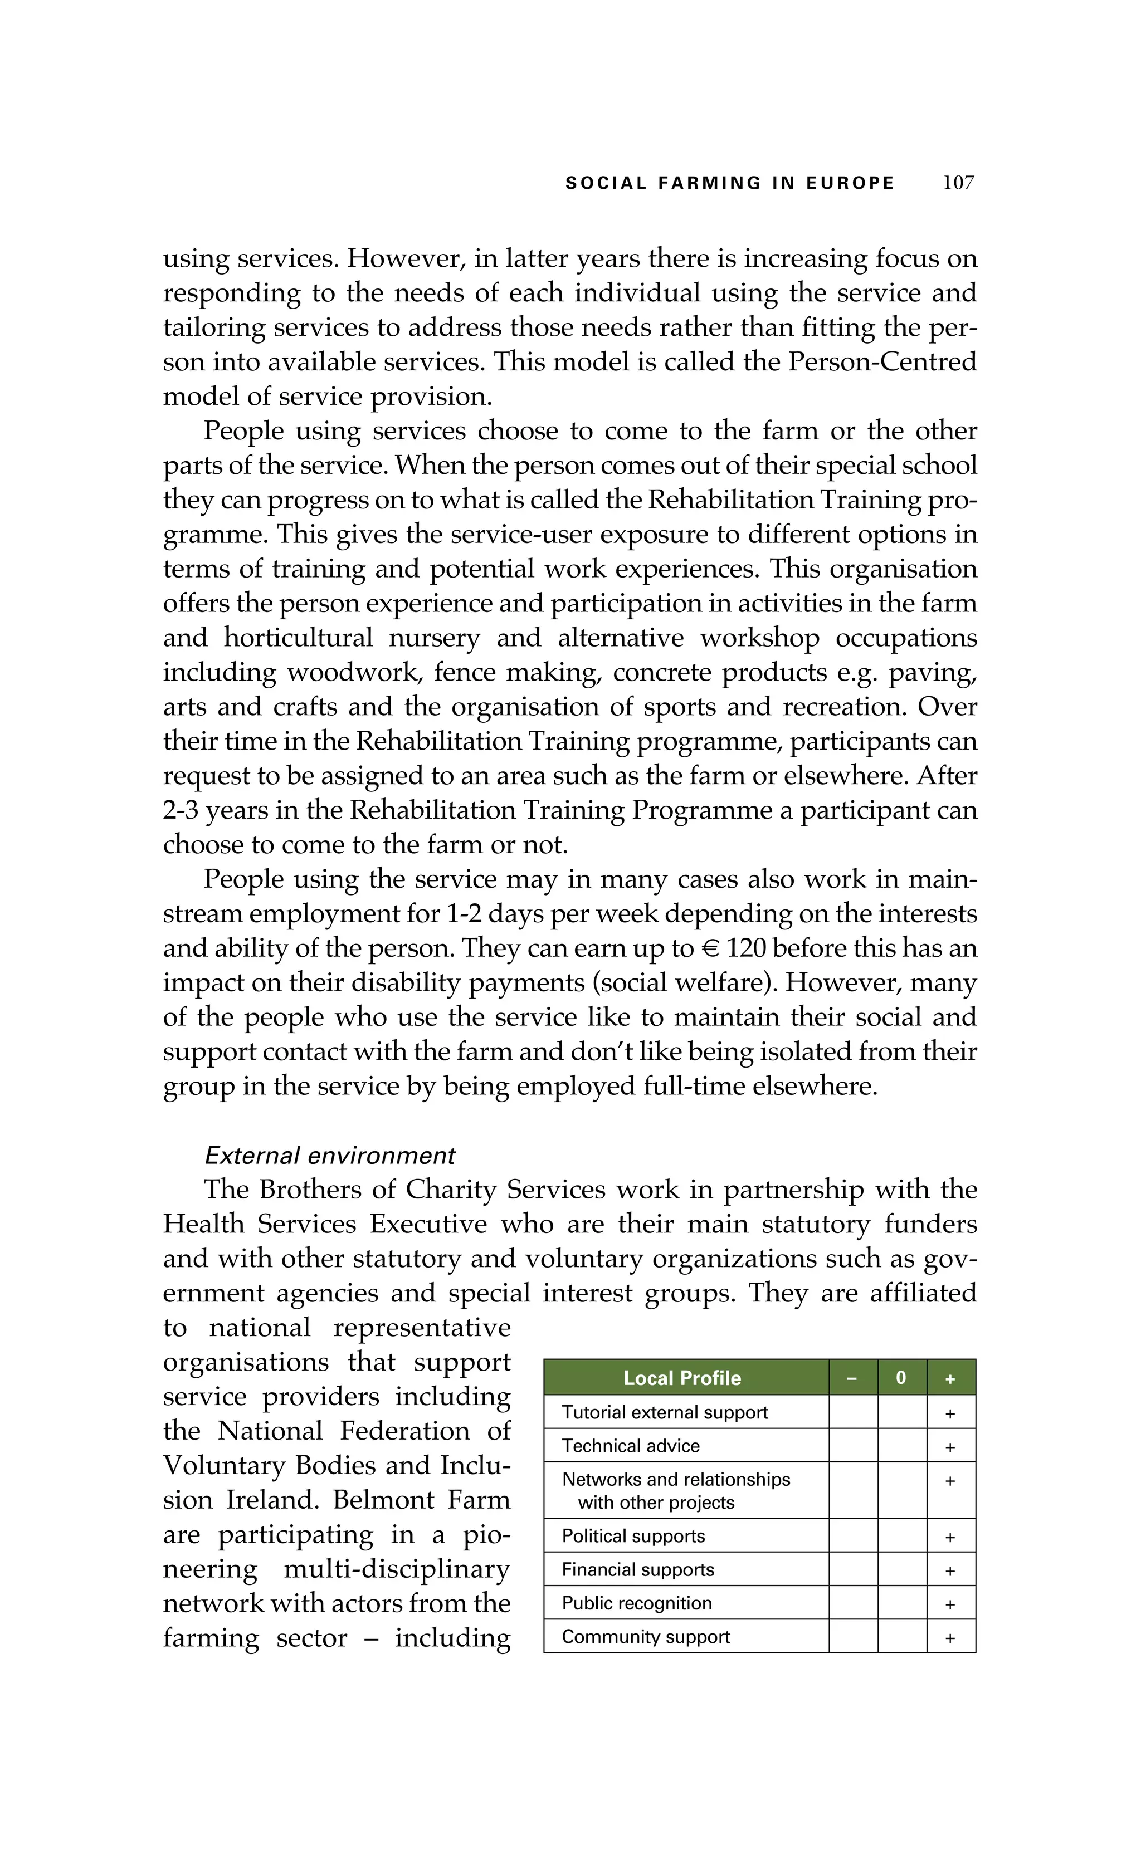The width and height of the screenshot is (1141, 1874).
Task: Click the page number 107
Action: click(958, 183)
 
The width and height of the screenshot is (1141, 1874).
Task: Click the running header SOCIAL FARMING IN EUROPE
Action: click(729, 183)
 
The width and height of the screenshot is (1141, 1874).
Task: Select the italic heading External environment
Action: click(329, 1156)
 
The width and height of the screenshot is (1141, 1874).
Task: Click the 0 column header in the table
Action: click(901, 1378)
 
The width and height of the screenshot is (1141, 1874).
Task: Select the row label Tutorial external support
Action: click(664, 1412)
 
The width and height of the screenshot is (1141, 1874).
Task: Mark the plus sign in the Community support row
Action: click(949, 1638)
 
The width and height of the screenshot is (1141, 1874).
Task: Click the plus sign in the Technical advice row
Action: click(949, 1448)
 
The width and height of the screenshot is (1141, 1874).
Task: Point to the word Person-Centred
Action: click(882, 361)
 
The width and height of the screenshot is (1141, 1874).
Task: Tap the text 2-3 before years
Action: click(181, 811)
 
